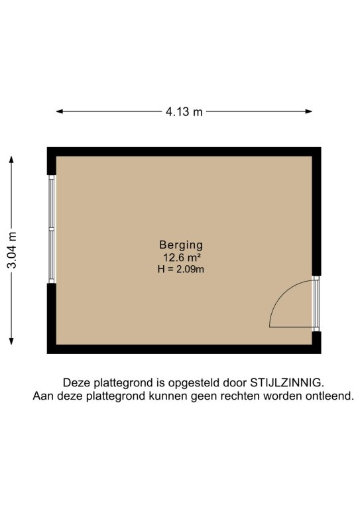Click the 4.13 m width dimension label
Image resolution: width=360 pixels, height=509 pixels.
pos(184,111)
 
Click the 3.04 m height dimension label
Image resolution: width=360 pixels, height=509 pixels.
pos(12,251)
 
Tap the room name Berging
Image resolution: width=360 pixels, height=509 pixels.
pos(181,245)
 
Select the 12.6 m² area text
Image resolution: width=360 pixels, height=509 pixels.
pos(182,258)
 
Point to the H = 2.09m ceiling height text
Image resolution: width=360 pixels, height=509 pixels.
pos(181,269)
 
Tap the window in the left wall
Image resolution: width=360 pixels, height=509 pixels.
pos(52,229)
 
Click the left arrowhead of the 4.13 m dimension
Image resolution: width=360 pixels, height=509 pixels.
pos(60,111)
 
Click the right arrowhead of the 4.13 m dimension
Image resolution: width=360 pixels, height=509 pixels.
pos(309,111)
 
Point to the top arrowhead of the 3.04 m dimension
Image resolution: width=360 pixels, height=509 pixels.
pos(11,160)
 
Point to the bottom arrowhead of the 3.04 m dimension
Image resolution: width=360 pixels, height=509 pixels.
pos(11,341)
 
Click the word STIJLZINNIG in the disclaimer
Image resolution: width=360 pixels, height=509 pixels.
pos(287,382)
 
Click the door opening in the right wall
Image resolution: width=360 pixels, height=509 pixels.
pos(316,304)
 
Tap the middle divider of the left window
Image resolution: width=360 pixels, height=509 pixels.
pos(52,229)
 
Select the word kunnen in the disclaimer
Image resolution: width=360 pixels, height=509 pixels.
pos(168,396)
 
